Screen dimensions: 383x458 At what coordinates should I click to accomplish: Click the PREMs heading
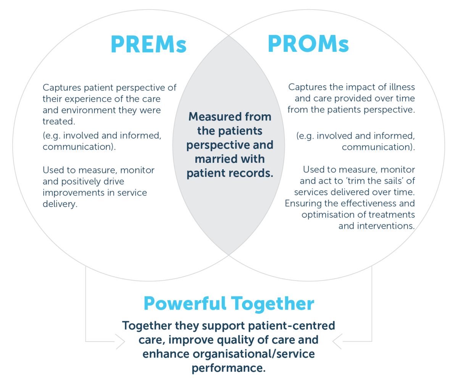[x=148, y=45]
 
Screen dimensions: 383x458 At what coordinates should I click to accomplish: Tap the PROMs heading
[x=308, y=45]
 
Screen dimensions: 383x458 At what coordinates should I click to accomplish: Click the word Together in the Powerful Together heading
[x=273, y=304]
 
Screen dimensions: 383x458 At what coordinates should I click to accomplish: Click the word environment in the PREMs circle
[x=85, y=110]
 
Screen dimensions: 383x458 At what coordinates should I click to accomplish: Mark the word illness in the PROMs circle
[x=401, y=87]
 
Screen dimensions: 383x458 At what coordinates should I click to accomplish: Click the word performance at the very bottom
[x=228, y=369]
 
